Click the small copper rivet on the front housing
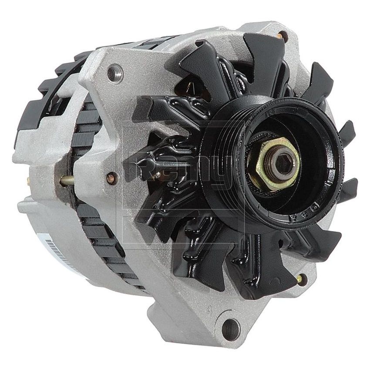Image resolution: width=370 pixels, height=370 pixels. (112, 177)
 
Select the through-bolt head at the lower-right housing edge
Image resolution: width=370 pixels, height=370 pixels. (300, 279)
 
